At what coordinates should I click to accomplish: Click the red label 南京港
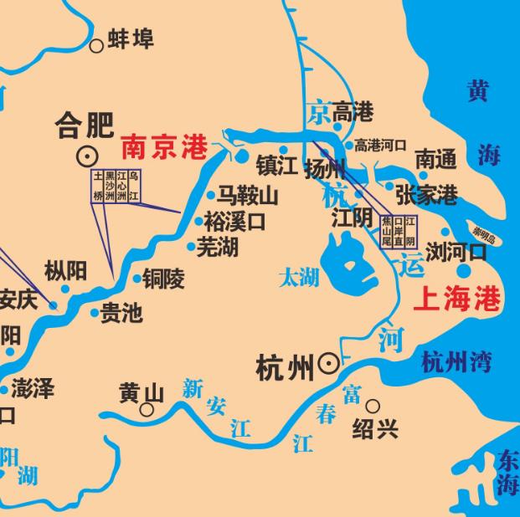pos(164,148)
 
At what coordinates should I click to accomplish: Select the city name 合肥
pos(84,125)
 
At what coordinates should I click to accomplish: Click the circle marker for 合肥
pos(85,156)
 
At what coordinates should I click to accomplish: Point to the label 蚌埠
pos(131,39)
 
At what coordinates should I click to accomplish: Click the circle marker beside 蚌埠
pos(97,45)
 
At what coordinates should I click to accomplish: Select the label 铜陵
pos(162,279)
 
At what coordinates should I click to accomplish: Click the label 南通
pos(436,158)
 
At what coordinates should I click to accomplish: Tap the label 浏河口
pos(456,251)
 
